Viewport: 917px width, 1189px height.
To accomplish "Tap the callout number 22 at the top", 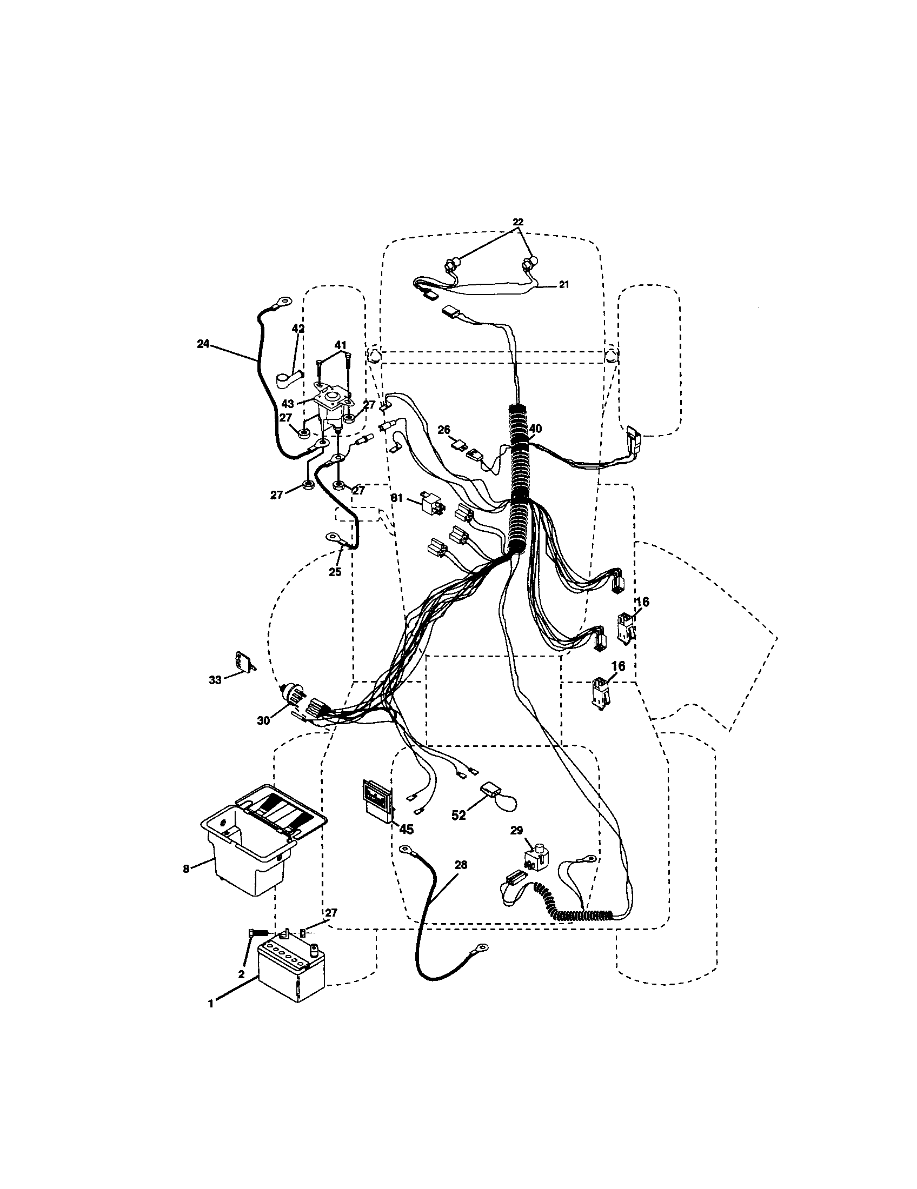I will pos(517,222).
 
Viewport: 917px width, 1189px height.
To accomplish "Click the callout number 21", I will pos(563,284).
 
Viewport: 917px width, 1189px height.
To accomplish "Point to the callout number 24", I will pos(203,344).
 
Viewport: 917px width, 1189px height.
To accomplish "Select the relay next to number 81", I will pos(430,502).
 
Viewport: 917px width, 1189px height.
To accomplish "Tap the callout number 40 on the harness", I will pos(535,429).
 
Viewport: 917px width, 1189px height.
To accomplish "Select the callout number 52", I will pos(459,830).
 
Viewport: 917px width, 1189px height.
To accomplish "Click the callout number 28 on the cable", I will pos(461,865).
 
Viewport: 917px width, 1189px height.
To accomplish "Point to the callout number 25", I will pos(335,572).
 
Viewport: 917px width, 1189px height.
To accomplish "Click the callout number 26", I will pos(444,430).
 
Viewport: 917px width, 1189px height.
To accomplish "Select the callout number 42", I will pos(298,329).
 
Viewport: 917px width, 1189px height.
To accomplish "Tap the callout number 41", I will pos(340,345).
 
